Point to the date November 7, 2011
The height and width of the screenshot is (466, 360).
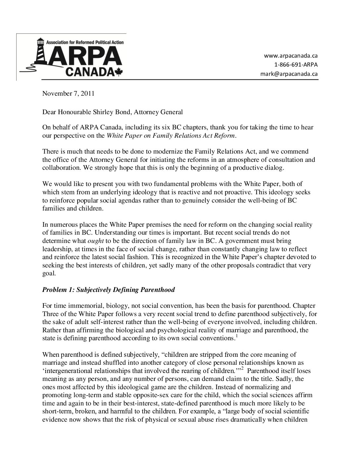[x=68, y=93]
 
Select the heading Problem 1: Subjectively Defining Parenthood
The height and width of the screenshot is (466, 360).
[x=109, y=290]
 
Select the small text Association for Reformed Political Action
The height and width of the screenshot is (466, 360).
[x=85, y=42]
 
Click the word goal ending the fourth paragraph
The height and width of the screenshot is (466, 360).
[x=49, y=274]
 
